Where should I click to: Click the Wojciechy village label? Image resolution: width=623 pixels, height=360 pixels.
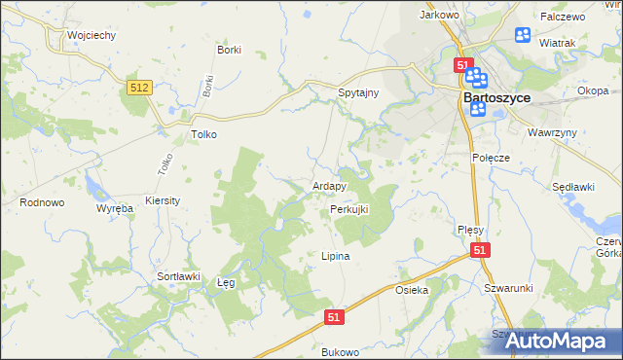tap(92, 35)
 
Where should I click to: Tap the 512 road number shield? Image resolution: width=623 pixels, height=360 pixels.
tap(138, 88)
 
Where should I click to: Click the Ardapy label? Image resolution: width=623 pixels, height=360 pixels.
tap(329, 186)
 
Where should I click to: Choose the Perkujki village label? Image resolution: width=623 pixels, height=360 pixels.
tap(349, 210)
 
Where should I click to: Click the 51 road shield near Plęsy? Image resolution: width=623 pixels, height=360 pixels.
tap(480, 250)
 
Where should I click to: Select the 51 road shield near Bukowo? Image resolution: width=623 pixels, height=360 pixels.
tap(334, 317)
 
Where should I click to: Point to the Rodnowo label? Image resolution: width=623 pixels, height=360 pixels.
tap(42, 202)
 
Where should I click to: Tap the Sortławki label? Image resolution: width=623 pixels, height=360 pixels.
tap(178, 276)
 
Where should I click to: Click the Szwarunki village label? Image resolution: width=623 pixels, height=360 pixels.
tap(508, 288)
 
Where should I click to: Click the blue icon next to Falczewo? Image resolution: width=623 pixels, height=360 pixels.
tap(522, 36)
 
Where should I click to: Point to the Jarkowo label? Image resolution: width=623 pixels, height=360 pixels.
tap(438, 16)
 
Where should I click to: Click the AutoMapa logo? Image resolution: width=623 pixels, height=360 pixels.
tap(559, 342)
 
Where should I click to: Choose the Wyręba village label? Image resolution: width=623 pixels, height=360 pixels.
tap(114, 209)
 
